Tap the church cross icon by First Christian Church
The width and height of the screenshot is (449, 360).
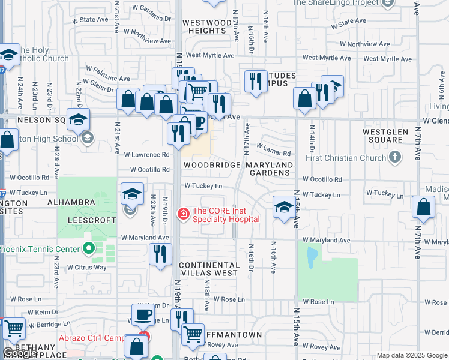[x=394, y=157]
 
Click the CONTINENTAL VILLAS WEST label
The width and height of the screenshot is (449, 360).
[x=208, y=269]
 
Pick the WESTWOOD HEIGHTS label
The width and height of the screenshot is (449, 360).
[x=207, y=26]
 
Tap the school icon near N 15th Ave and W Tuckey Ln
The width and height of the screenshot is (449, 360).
[x=284, y=207]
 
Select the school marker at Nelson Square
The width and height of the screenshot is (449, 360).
[x=78, y=119]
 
